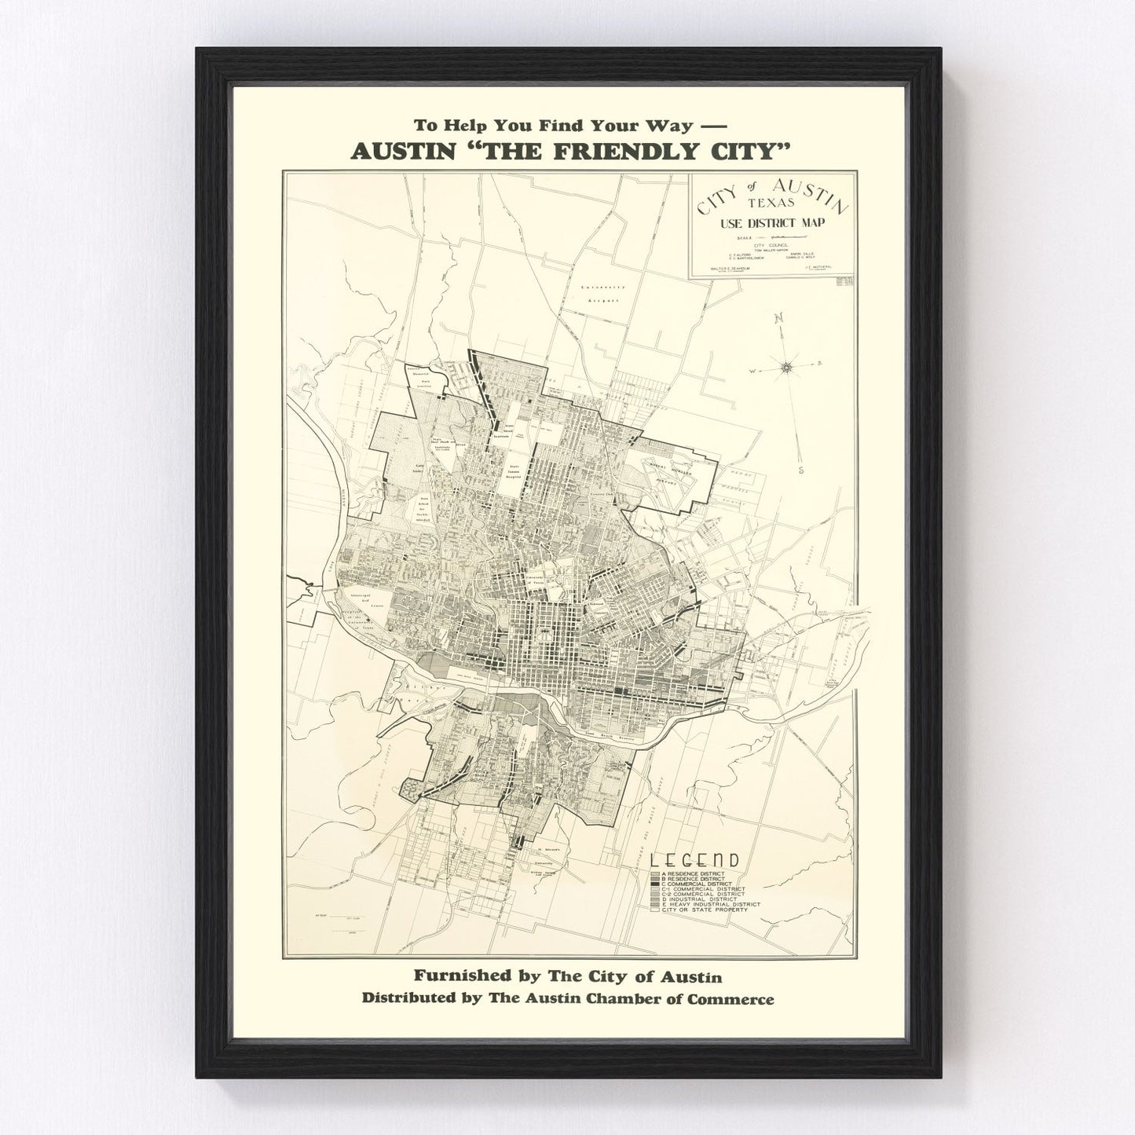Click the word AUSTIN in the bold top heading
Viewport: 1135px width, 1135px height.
[x=402, y=152]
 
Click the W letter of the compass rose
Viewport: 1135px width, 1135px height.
[x=752, y=371]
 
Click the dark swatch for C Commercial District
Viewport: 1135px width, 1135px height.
[x=654, y=884]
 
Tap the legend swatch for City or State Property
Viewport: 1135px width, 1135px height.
[x=654, y=909]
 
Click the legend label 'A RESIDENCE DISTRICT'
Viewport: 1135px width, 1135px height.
[x=694, y=873]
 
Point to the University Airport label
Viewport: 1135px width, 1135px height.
[x=600, y=294]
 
